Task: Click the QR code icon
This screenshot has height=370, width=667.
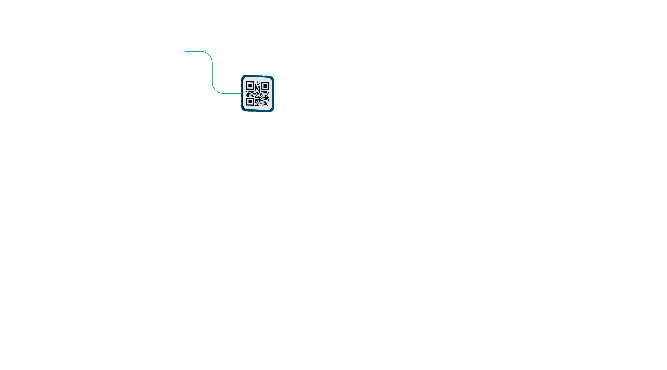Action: click(258, 93)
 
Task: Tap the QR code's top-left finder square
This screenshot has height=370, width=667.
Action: click(250, 85)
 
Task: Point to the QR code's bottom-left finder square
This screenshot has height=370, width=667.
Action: click(250, 101)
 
